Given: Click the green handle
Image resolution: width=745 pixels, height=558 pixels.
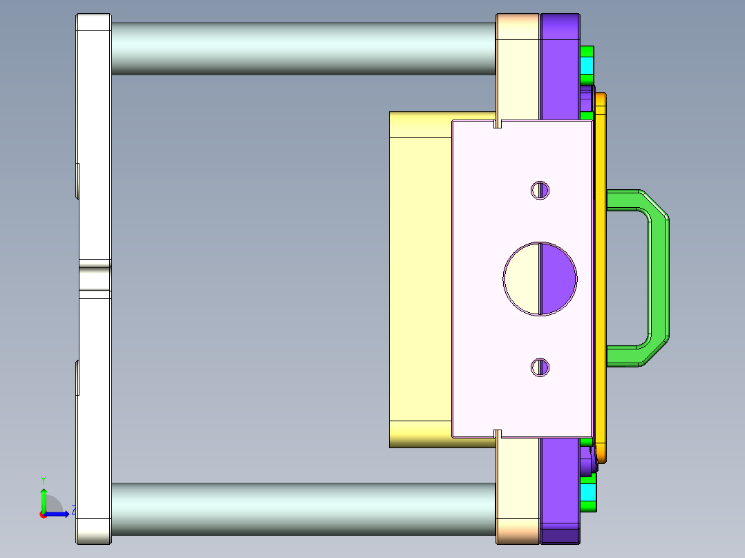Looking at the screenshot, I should (658, 276).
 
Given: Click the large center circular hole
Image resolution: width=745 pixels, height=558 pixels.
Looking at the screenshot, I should (540, 278).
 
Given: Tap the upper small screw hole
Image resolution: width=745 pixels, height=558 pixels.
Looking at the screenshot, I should (540, 190).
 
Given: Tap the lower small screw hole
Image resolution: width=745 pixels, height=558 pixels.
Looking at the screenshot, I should (540, 367).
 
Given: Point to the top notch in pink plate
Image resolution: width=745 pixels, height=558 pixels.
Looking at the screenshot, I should (498, 125).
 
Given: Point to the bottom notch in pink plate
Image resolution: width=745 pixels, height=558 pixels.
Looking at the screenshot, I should (498, 434).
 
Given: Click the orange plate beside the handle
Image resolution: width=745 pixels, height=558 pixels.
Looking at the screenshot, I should (600, 276).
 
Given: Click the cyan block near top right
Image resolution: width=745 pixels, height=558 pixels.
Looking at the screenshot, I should (587, 67).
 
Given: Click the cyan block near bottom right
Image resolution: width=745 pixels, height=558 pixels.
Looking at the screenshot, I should (587, 492).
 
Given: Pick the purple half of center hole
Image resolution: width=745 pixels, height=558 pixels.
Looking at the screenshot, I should (557, 278).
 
